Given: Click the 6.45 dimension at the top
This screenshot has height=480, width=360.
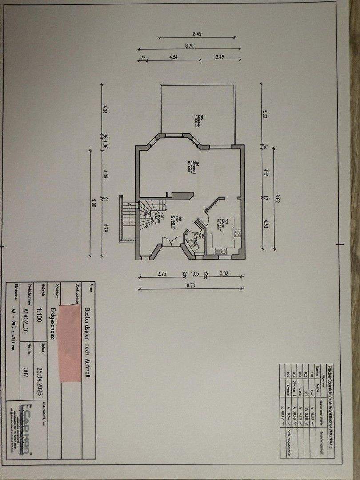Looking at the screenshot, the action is (x=197, y=34).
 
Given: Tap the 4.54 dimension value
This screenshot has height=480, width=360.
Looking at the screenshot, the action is (x=174, y=57).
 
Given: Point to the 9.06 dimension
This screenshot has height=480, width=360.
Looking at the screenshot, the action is (x=93, y=203).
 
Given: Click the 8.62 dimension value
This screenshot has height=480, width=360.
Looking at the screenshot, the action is (x=277, y=199).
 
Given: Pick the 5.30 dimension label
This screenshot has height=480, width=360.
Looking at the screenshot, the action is (x=265, y=114).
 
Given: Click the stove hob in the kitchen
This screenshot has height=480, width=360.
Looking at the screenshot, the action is (x=237, y=232).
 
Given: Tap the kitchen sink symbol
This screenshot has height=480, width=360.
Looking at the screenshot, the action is (x=220, y=252).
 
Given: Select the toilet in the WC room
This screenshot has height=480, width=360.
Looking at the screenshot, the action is (x=192, y=242).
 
